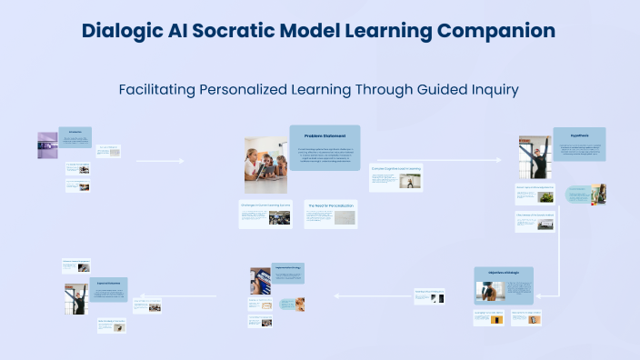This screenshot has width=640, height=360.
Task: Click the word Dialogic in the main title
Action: [121, 31]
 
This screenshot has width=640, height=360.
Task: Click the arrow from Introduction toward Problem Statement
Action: [159, 161]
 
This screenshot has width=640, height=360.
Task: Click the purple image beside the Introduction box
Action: [47, 145]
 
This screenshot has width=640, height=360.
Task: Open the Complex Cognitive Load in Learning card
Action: [395, 177]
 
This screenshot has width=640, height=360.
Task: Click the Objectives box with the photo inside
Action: [504, 285]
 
